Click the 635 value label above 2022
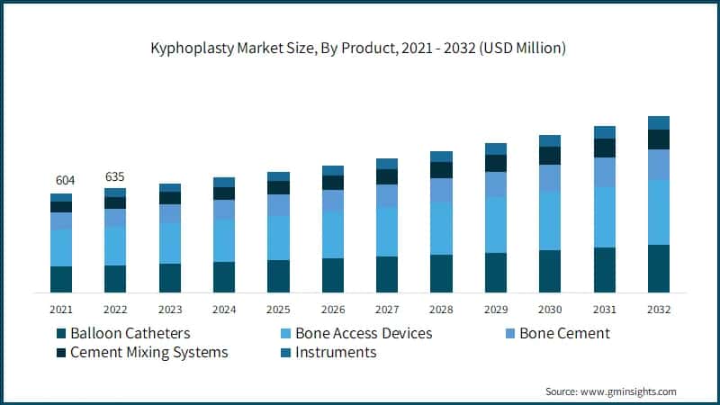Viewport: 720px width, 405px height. (115, 175)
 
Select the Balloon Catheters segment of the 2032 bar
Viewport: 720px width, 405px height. (659, 268)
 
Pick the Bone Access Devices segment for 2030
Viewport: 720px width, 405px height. (550, 220)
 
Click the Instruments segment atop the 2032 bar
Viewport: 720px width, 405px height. (659, 122)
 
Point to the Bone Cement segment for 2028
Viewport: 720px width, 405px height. (441, 190)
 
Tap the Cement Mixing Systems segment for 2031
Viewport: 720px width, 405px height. (604, 148)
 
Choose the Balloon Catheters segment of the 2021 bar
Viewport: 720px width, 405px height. (61, 279)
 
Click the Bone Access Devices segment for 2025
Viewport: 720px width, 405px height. (278, 238)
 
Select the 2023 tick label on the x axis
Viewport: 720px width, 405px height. (169, 309)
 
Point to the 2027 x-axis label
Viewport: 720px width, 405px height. (387, 309)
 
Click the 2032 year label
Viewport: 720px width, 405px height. (659, 309)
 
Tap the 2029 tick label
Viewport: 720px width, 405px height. (496, 309)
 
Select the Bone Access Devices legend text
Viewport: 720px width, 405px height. (364, 333)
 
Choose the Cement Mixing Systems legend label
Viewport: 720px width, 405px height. (148, 352)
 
